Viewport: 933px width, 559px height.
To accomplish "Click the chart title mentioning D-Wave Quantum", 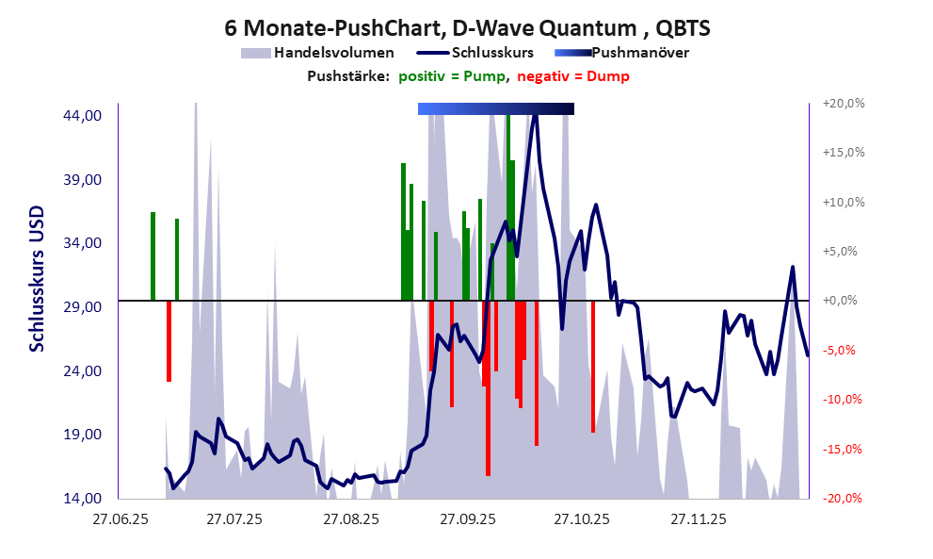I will point(467,28).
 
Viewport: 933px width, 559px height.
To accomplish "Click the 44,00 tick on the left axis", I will point(82,116).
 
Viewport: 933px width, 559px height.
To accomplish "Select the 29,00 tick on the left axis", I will point(82,306).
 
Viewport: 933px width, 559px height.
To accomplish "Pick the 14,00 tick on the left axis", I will point(82,498).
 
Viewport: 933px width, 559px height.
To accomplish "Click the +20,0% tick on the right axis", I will point(843,104).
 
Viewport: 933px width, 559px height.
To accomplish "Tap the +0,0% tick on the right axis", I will point(845,301).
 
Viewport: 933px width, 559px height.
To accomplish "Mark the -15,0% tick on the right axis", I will point(844,449).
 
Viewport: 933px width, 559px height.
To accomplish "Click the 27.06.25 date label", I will point(119,519).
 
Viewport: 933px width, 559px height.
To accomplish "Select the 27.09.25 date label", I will point(466,519).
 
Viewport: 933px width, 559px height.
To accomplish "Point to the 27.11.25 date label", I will point(698,519).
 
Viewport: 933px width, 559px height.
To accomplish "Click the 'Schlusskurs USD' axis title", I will point(37,279).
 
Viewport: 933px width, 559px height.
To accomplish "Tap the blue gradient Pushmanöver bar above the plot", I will point(495,109).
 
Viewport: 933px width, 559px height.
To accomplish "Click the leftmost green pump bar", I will point(153,256).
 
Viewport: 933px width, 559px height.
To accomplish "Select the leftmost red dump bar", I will point(169,340).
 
